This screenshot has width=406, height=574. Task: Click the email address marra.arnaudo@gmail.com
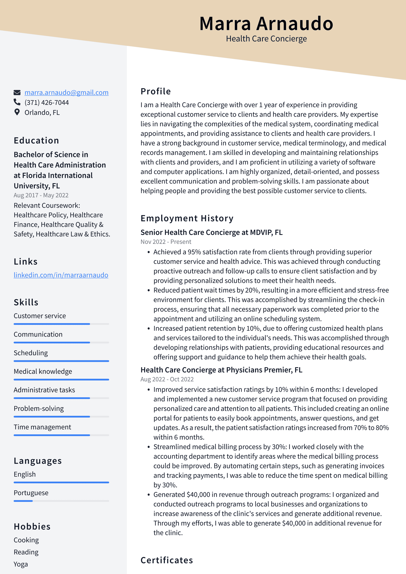point(66,92)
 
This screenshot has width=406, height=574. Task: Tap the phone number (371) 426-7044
point(47,103)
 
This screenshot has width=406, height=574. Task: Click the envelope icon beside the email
point(17,92)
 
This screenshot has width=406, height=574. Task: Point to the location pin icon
point(17,112)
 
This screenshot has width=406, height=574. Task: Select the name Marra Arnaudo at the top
point(266,23)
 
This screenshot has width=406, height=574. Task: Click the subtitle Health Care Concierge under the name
point(266,39)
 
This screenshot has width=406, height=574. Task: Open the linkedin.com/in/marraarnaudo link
point(61,275)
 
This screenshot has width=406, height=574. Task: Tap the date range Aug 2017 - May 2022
point(41,195)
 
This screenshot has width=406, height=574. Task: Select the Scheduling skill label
point(30,353)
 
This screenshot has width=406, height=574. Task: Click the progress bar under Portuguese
point(61,501)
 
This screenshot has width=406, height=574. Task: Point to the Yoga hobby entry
point(21,564)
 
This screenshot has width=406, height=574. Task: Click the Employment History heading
point(187,218)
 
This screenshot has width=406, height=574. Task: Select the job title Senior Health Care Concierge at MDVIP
point(211,232)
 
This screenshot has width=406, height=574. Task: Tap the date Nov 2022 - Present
point(166,242)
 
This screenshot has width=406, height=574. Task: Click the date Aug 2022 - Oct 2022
point(167,379)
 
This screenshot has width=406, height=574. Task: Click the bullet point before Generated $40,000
point(148,495)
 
